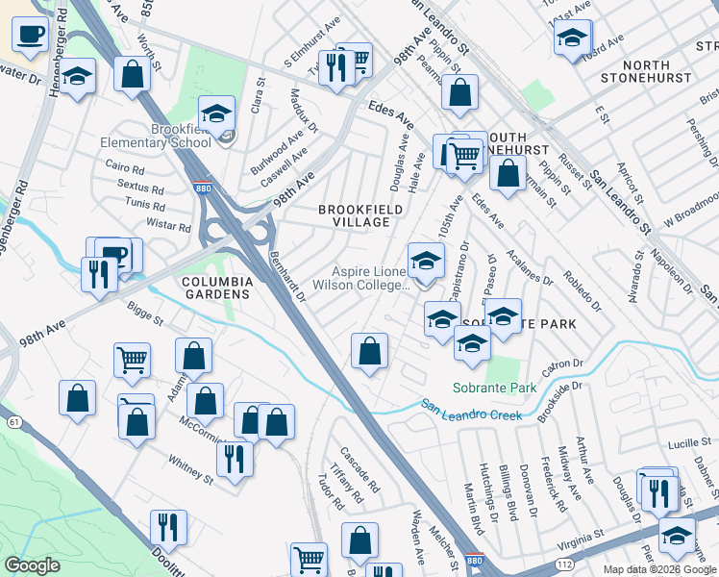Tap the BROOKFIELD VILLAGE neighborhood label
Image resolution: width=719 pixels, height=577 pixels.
click(x=355, y=214)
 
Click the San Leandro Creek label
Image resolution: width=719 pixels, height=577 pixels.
click(x=471, y=410)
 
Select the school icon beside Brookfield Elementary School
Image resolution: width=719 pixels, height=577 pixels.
click(x=217, y=114)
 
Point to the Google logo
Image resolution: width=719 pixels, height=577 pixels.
click(x=32, y=565)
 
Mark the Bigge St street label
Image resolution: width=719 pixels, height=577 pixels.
click(x=146, y=314)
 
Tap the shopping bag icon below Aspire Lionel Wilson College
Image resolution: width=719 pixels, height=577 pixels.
click(x=368, y=351)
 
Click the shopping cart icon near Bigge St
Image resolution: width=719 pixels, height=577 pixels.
click(x=132, y=361)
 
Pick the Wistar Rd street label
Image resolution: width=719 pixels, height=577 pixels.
click(x=168, y=225)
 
